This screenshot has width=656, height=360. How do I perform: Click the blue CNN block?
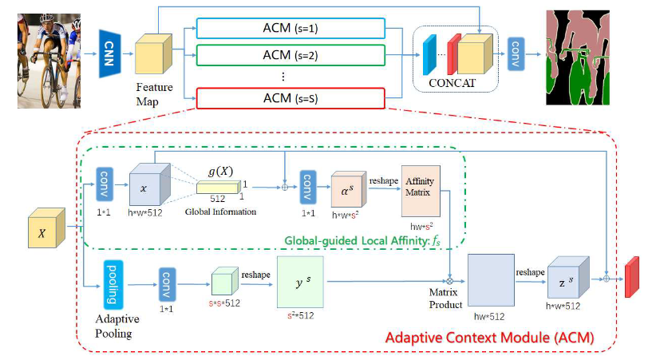click(x=112, y=53)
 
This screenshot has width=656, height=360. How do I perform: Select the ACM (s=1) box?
click(x=290, y=30)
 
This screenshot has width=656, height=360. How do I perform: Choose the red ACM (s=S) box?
click(x=290, y=97)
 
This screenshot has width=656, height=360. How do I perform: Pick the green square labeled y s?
click(x=299, y=282)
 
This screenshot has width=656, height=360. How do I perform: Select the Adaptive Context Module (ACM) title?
click(x=489, y=338)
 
